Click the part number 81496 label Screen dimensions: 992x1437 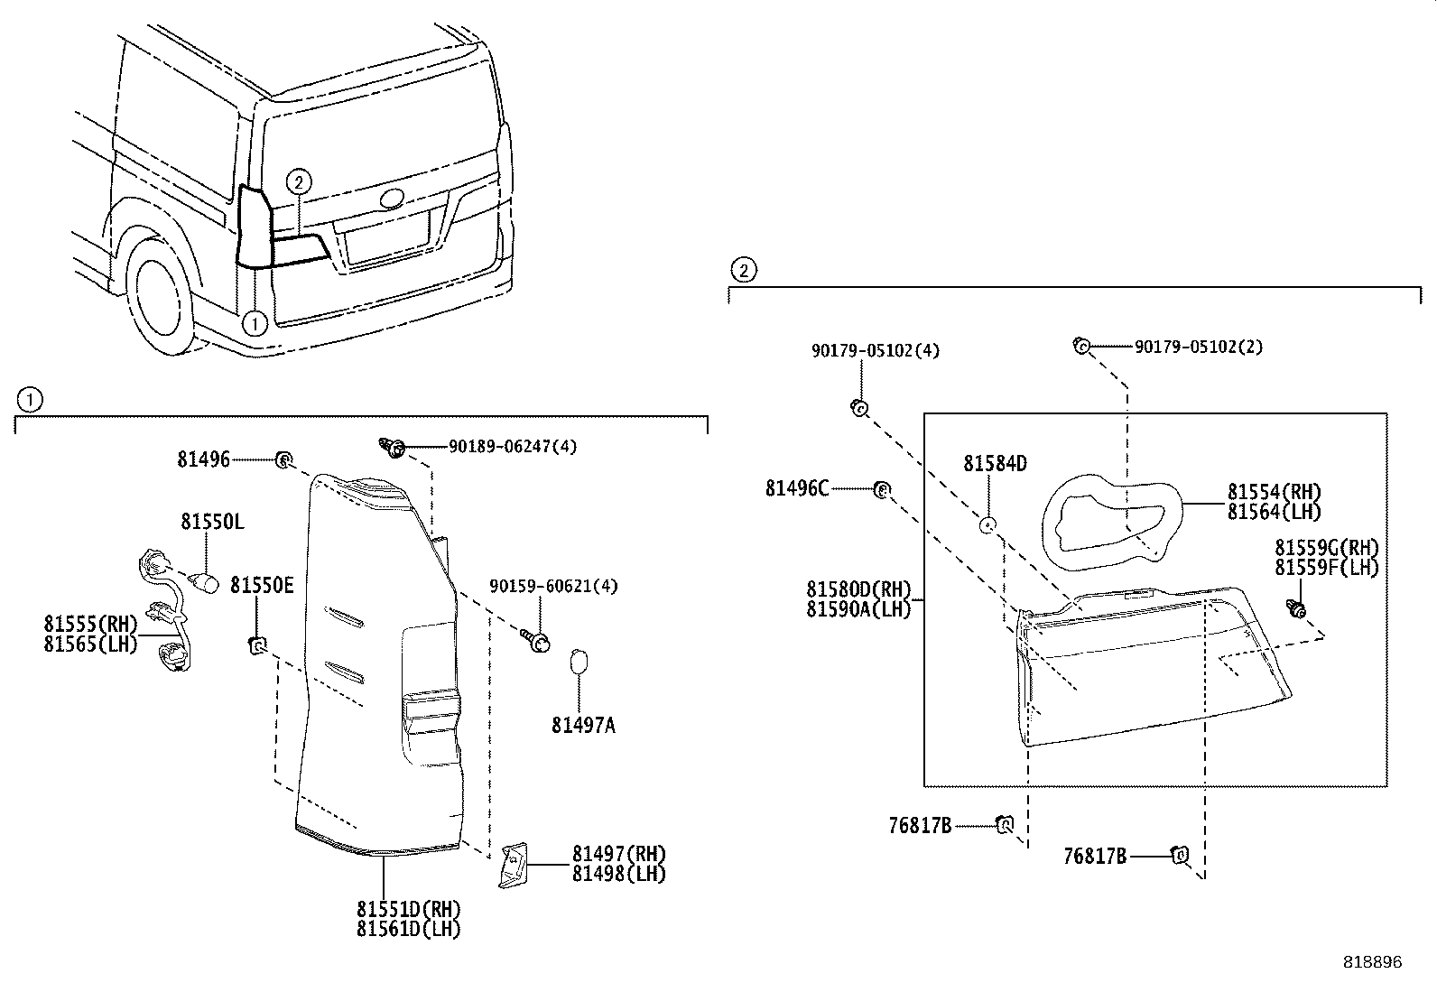(x=203, y=459)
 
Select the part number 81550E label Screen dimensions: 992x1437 (x=262, y=585)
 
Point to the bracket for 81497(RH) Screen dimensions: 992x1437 (x=513, y=866)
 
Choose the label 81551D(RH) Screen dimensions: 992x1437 (x=408, y=909)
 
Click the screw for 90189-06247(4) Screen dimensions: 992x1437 (x=394, y=446)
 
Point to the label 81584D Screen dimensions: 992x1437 (x=995, y=464)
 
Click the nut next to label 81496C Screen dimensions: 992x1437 (x=882, y=489)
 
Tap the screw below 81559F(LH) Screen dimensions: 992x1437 (x=1297, y=609)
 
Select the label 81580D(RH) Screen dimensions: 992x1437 (x=858, y=589)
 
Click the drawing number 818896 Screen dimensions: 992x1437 (x=1372, y=962)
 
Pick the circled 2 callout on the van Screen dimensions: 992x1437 (x=299, y=182)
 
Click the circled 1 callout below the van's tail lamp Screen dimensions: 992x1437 (x=255, y=322)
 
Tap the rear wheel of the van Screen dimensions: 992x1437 (x=162, y=297)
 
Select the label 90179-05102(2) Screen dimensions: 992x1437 (x=1198, y=347)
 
